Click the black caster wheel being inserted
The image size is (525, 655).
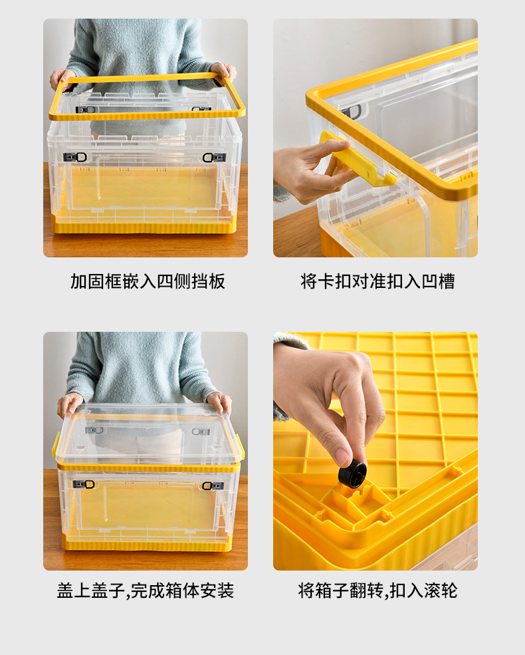click(353, 474)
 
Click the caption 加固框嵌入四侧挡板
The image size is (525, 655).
click(148, 281)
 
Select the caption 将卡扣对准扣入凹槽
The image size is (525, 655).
click(377, 281)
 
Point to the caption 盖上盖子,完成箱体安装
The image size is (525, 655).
click(146, 590)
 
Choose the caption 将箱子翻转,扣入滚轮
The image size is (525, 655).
click(377, 590)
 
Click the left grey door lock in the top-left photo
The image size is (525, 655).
click(75, 157)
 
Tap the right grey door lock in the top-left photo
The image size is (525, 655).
click(214, 158)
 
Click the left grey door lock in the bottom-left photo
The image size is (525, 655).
click(84, 484)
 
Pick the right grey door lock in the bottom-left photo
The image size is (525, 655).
click(213, 485)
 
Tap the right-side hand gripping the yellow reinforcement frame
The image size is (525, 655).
click(224, 73)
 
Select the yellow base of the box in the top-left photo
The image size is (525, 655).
click(144, 225)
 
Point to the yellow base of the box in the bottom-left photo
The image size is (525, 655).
click(147, 543)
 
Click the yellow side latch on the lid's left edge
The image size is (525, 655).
click(56, 444)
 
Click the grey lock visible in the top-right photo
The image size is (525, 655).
click(352, 112)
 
